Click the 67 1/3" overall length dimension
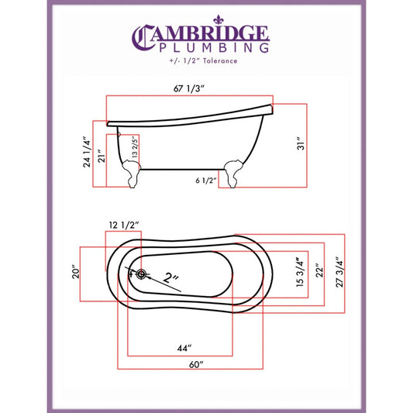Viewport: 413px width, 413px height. click(x=189, y=88)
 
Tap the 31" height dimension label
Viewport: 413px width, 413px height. click(x=301, y=143)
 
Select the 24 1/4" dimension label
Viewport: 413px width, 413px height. click(x=87, y=152)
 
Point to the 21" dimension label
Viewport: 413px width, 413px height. click(x=102, y=156)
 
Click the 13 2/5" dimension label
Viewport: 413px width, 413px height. click(x=135, y=146)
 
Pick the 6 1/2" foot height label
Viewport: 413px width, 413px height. click(x=205, y=181)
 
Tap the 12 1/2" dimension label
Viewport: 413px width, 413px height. click(x=124, y=225)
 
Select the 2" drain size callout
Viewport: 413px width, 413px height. click(x=170, y=277)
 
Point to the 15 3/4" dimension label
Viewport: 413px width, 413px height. click(x=301, y=272)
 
